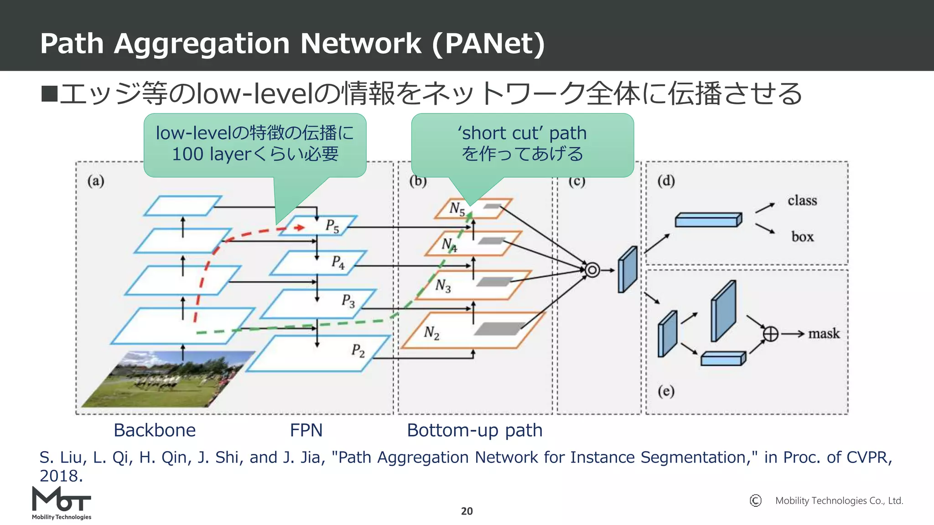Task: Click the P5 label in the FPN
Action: pos(332,226)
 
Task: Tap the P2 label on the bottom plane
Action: pos(358,350)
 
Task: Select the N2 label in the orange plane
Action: pos(431,333)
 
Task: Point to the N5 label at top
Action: pos(457,209)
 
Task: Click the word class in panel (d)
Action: pos(802,201)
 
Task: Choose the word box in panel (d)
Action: pos(802,237)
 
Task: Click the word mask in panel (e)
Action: pos(824,334)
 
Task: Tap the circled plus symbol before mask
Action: pos(771,334)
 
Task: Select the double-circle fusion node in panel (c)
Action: pos(592,270)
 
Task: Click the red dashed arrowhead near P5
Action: pos(300,227)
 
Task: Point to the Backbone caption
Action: pos(155,430)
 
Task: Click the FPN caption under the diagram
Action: pos(306,430)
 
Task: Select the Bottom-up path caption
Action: pos(474,430)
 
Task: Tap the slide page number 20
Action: pos(467,511)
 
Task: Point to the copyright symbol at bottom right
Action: pos(755,500)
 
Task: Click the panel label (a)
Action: pos(96,181)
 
